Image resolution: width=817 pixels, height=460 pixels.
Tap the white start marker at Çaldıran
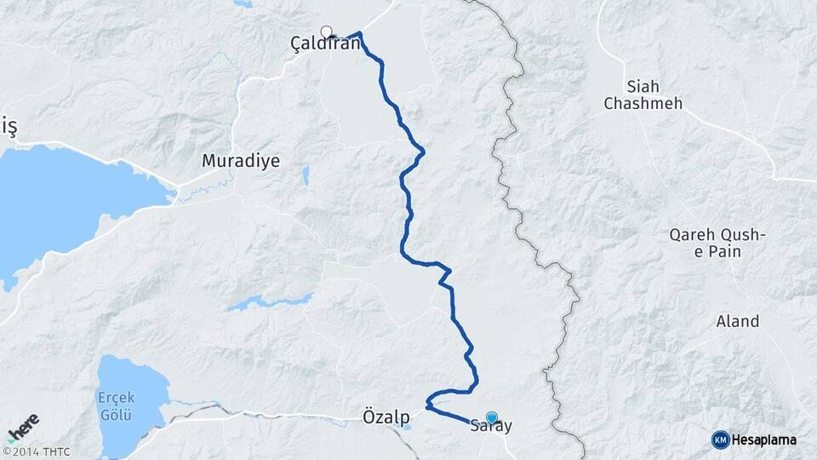[326, 32]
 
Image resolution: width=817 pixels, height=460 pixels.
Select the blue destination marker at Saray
[491, 417]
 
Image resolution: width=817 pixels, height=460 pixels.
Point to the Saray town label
[491, 428]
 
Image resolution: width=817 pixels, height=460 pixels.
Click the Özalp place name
[380, 417]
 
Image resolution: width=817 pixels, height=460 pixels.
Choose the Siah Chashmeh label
[643, 95]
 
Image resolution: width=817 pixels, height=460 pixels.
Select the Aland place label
[737, 321]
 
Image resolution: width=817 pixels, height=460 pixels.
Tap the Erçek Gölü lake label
[115, 406]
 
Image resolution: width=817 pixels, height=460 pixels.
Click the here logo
[22, 428]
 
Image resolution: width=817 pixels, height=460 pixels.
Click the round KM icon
[720, 440]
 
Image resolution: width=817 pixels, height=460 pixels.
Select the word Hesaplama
[764, 440]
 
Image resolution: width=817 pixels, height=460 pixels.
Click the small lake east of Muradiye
[306, 175]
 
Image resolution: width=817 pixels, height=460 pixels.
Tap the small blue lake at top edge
[243, 4]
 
